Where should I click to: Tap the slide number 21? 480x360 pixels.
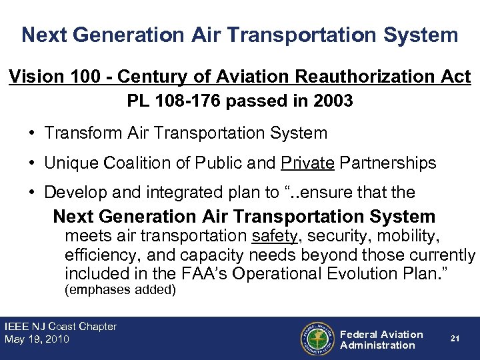[455, 339]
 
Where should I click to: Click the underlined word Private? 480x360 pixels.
[308, 163]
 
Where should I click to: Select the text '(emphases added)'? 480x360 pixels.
[120, 290]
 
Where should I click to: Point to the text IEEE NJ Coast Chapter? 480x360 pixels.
[61, 327]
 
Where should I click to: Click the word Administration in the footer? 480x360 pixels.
[377, 345]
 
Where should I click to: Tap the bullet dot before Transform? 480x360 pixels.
[32, 133]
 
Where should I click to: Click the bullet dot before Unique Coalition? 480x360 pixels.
[32, 163]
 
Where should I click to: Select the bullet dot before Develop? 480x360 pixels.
[32, 193]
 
